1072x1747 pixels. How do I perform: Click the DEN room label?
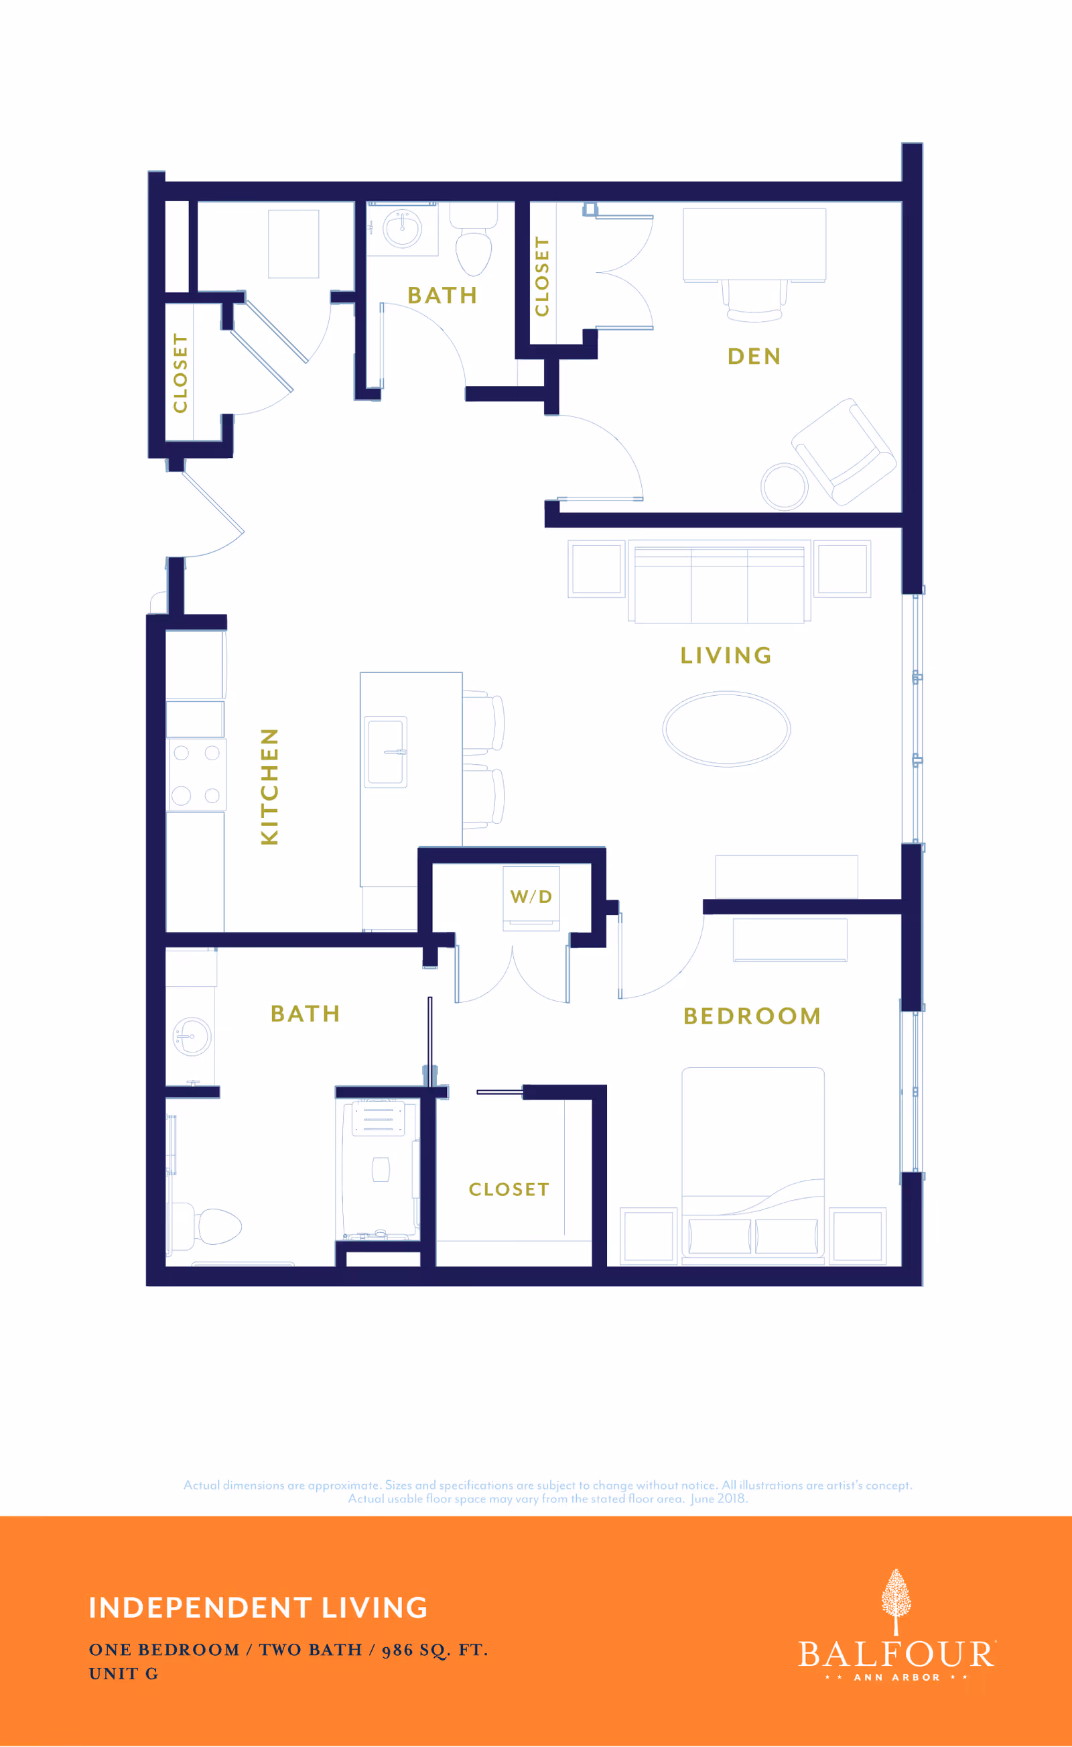tap(754, 356)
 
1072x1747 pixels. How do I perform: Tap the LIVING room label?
tap(726, 656)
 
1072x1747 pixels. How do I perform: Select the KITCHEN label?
tap(269, 786)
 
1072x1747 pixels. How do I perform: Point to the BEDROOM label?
tap(752, 1016)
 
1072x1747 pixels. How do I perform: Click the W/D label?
tap(531, 896)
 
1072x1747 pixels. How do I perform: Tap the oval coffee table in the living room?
tap(726, 729)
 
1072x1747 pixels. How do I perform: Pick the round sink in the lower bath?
tap(192, 1036)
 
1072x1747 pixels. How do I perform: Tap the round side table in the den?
tap(784, 487)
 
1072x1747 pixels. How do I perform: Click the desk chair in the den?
tap(754, 301)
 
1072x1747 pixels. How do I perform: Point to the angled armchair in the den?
tap(844, 452)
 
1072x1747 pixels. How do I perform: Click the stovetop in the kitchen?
tap(196, 774)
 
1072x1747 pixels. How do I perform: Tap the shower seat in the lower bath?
tap(379, 1119)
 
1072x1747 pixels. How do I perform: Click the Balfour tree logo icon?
tap(896, 1602)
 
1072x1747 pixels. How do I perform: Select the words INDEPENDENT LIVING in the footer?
tap(258, 1608)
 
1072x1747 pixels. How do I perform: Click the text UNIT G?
tap(123, 1674)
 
